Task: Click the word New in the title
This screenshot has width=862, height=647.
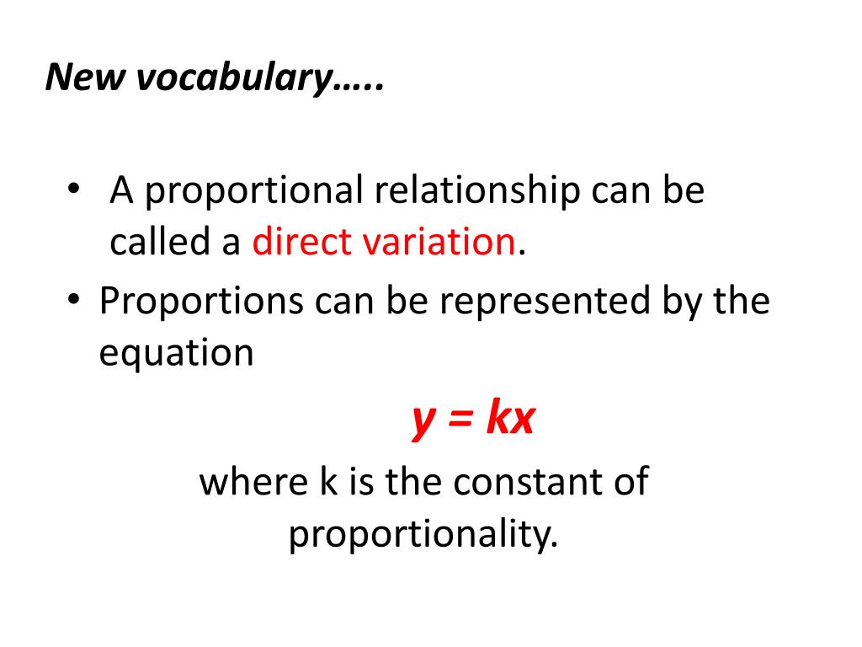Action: click(84, 78)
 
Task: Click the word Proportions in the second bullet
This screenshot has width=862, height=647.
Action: click(200, 302)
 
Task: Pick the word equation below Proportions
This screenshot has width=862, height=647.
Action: click(176, 354)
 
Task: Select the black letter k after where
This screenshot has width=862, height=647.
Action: click(327, 482)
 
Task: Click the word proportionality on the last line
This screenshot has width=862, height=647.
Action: click(423, 534)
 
